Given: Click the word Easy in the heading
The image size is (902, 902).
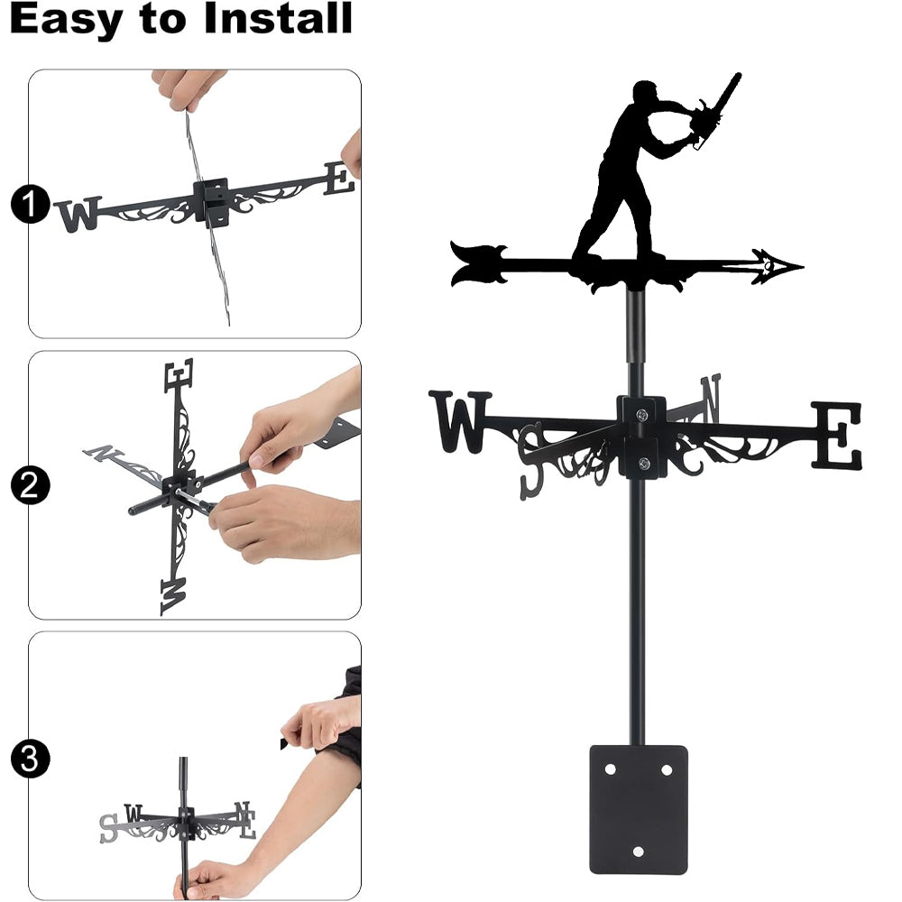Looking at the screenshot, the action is coord(66,20).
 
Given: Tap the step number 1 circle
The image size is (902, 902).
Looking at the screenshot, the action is coord(30,204).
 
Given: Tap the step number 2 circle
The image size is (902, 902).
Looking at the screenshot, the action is coord(30,485).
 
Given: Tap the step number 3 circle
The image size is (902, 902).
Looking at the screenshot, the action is coord(30,759).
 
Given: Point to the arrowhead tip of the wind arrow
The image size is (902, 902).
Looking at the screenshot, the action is coord(803,266).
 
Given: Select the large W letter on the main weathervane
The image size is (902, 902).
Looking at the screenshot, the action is coord(460,421).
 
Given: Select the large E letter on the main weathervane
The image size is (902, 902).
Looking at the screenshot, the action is coord(837,435).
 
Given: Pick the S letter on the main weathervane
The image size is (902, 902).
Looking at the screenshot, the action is coord(532,461).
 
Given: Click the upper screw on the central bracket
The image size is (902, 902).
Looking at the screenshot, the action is coord(641,414).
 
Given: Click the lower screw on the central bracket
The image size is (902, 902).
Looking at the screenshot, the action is coord(644,463).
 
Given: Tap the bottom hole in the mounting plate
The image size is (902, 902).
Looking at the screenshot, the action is coord(638,851).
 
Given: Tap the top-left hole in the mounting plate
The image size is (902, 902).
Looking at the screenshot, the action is coord(610,769).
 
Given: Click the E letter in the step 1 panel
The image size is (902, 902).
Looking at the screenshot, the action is coord(338,178).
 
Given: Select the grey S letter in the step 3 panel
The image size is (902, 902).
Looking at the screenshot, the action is coord(108,828).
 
